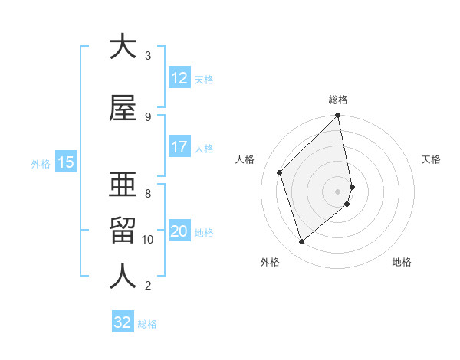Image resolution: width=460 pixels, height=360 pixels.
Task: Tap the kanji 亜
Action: click(123, 184)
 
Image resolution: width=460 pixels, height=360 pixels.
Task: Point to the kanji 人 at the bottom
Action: click(123, 277)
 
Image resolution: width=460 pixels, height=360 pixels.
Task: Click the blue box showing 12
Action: click(179, 78)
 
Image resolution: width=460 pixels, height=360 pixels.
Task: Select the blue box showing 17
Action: click(179, 147)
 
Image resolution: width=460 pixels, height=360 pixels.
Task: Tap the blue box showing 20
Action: click(179, 231)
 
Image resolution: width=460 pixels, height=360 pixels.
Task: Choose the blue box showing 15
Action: click(65, 162)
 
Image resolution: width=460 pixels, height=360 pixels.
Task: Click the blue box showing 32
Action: click(123, 322)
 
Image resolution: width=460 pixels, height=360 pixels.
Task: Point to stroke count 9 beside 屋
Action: click(147, 116)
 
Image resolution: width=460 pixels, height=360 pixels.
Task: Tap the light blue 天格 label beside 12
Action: click(204, 79)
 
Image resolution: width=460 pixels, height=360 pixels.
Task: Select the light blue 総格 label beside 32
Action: click(147, 324)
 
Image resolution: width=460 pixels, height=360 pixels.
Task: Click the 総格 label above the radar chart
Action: click(338, 100)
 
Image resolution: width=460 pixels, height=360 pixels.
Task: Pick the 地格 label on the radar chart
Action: click(402, 262)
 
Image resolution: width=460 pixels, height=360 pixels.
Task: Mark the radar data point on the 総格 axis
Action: click(338, 116)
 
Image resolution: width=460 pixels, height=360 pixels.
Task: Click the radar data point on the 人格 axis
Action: click(280, 172)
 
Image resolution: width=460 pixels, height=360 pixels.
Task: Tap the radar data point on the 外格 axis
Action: click(302, 241)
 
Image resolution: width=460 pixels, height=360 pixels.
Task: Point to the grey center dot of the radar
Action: click(338, 191)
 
